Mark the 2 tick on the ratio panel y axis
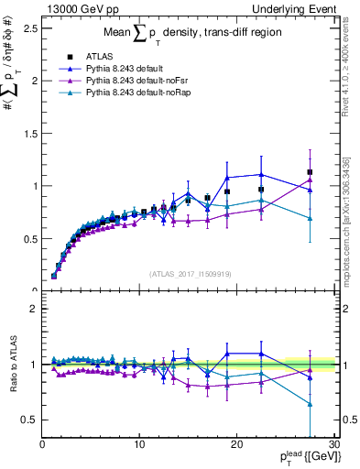click(34, 309)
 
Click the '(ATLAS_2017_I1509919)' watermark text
click(189, 274)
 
